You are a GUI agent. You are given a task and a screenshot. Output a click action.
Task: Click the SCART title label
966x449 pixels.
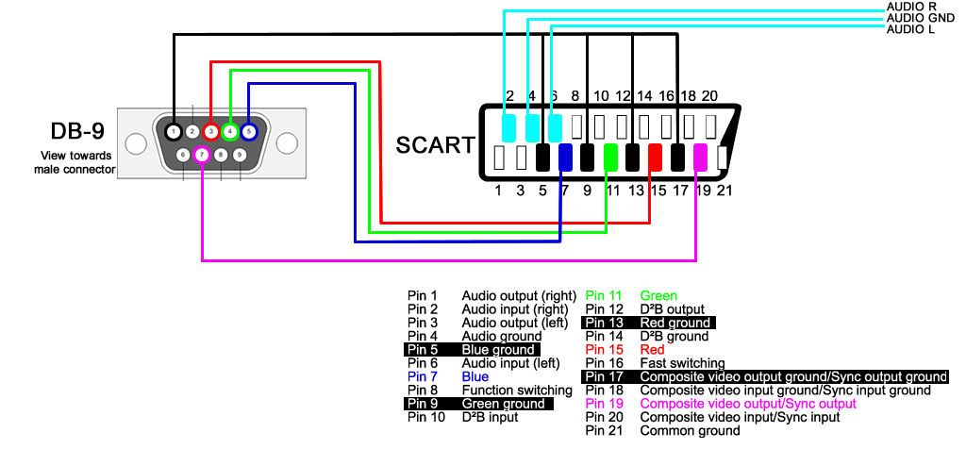coord(435,145)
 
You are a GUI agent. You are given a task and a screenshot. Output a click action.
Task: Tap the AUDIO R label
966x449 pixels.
coord(910,7)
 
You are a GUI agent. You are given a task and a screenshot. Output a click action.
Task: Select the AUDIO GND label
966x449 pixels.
coord(920,18)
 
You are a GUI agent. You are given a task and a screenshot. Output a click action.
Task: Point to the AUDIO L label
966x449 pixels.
coord(910,29)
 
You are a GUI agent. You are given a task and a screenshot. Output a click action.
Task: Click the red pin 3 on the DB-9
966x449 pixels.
coord(210,131)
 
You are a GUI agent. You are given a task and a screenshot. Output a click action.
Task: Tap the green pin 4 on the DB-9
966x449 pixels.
coord(230,131)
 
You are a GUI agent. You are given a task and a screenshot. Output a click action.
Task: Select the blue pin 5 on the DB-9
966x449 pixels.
coord(249,131)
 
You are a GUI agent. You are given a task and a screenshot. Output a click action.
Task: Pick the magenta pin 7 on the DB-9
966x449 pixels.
coord(201,154)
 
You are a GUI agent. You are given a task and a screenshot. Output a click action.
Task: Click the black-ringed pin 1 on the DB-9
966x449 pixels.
coord(175,131)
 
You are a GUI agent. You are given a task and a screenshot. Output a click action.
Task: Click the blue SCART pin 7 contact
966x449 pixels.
coord(566,157)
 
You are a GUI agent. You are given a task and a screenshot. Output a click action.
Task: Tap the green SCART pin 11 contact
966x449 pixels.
coord(611,157)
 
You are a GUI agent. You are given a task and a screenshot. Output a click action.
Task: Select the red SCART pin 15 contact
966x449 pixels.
coord(656,157)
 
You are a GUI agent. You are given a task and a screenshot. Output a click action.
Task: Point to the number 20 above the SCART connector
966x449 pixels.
coord(709,96)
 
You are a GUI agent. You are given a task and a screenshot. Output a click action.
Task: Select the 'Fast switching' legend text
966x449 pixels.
coord(682,363)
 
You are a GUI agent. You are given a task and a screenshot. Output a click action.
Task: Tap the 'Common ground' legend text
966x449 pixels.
coord(690,431)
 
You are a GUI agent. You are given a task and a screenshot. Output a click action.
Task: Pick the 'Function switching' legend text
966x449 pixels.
coord(516,391)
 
